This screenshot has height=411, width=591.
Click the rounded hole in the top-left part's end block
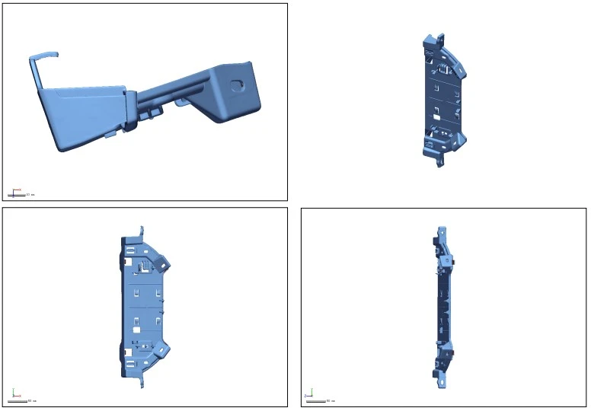[x=238, y=85]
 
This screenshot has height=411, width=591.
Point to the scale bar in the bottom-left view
[x=19, y=400]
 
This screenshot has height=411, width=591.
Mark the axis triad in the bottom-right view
[x=308, y=394]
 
